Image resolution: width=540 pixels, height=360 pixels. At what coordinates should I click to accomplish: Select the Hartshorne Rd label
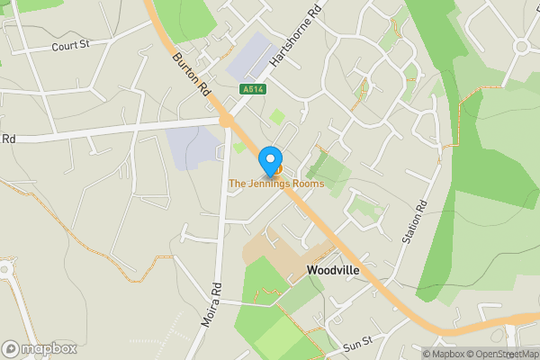[x=296, y=41]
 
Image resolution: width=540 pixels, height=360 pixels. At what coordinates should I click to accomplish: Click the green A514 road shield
[x=252, y=89]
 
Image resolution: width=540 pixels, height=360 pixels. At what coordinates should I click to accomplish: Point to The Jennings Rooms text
[x=275, y=184]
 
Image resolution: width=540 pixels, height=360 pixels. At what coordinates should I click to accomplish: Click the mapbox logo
[x=40, y=348]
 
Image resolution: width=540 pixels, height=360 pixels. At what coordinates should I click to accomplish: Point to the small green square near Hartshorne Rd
[x=277, y=116]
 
